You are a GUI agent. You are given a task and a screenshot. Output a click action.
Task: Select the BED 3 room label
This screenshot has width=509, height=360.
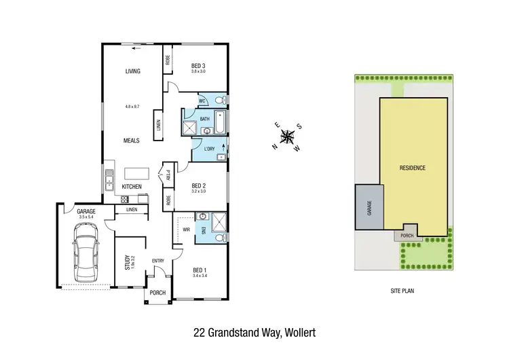tap(197, 65)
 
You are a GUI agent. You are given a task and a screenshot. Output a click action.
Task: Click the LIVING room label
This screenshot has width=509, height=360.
tap(132, 71)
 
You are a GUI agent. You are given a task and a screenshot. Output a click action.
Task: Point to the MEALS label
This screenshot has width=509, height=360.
tap(131, 141)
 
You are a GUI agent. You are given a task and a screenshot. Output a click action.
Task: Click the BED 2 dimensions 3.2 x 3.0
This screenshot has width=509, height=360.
tap(198, 192)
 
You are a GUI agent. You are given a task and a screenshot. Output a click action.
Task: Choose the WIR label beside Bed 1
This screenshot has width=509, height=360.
tap(186, 230)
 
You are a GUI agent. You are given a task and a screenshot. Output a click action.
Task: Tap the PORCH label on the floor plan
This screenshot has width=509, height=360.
tap(157, 293)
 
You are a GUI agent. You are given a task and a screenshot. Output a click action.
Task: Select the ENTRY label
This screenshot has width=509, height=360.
tap(158, 261)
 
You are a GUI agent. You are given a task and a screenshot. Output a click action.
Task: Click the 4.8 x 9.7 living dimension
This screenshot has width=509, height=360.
tap(132, 107)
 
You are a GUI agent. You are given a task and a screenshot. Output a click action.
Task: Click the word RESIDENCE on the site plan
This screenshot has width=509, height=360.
tap(412, 167)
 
